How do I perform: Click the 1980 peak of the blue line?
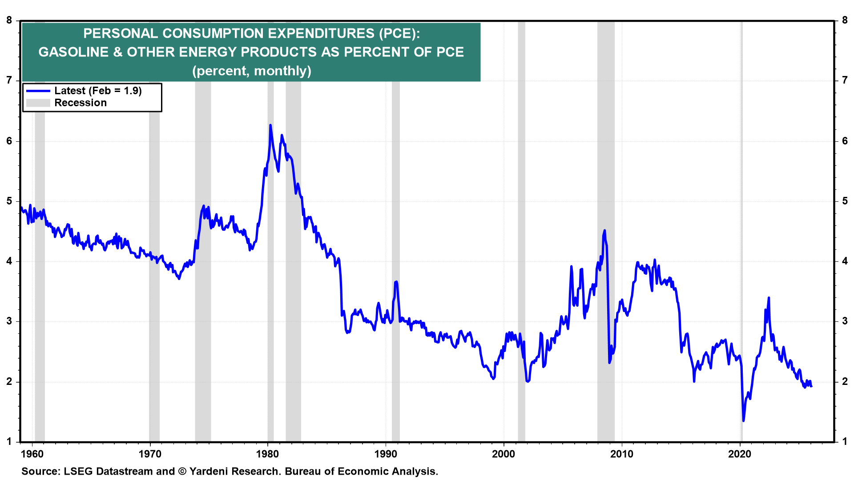[270, 126]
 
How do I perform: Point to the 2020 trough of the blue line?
[743, 420]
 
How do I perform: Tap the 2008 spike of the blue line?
[604, 231]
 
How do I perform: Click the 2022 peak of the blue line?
[769, 298]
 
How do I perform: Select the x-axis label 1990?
[386, 454]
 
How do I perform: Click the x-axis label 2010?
[621, 454]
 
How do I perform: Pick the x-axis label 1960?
[32, 454]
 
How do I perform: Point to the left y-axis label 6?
[9, 141]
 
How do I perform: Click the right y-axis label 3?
[845, 321]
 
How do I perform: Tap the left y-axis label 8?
[9, 20]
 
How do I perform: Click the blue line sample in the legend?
[38, 91]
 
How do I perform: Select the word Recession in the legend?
[81, 103]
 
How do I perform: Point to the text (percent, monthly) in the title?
[251, 71]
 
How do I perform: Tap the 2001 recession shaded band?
[521, 222]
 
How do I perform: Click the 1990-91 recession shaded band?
[396, 222]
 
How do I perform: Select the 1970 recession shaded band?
[154, 222]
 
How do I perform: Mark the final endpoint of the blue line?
[811, 386]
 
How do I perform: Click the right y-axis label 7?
[845, 80]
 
